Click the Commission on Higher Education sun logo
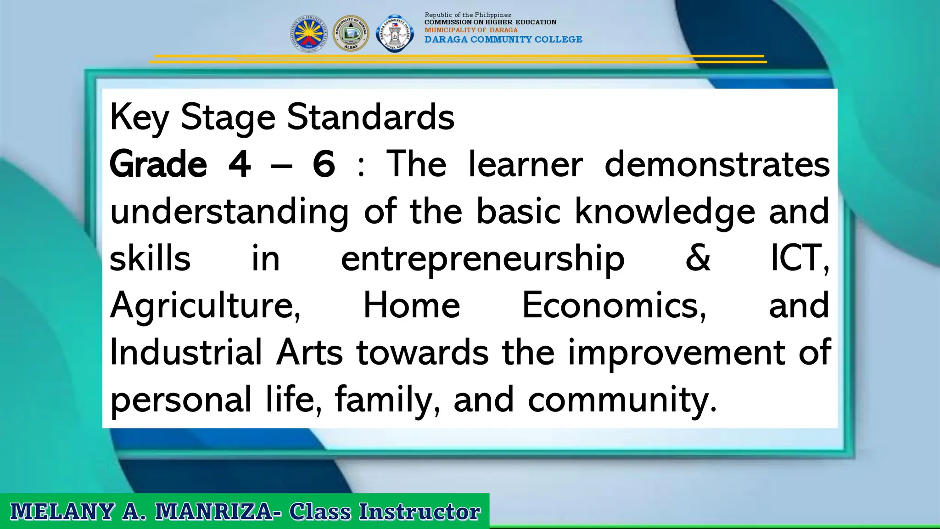[308, 34]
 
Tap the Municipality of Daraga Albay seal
[351, 34]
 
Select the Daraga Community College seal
[394, 34]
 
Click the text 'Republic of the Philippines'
[468, 15]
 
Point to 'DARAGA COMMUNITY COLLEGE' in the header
[503, 39]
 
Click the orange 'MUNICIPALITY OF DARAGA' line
[471, 30]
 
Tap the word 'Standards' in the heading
[371, 118]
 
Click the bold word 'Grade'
[158, 164]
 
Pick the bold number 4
[240, 164]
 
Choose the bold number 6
[324, 164]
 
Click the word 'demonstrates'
[717, 164]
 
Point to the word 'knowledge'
[665, 212]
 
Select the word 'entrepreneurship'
[482, 259]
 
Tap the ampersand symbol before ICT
[698, 258]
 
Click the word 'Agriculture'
[205, 306]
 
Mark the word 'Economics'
[614, 306]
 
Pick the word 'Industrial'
[186, 353]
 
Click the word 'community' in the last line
[622, 400]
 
